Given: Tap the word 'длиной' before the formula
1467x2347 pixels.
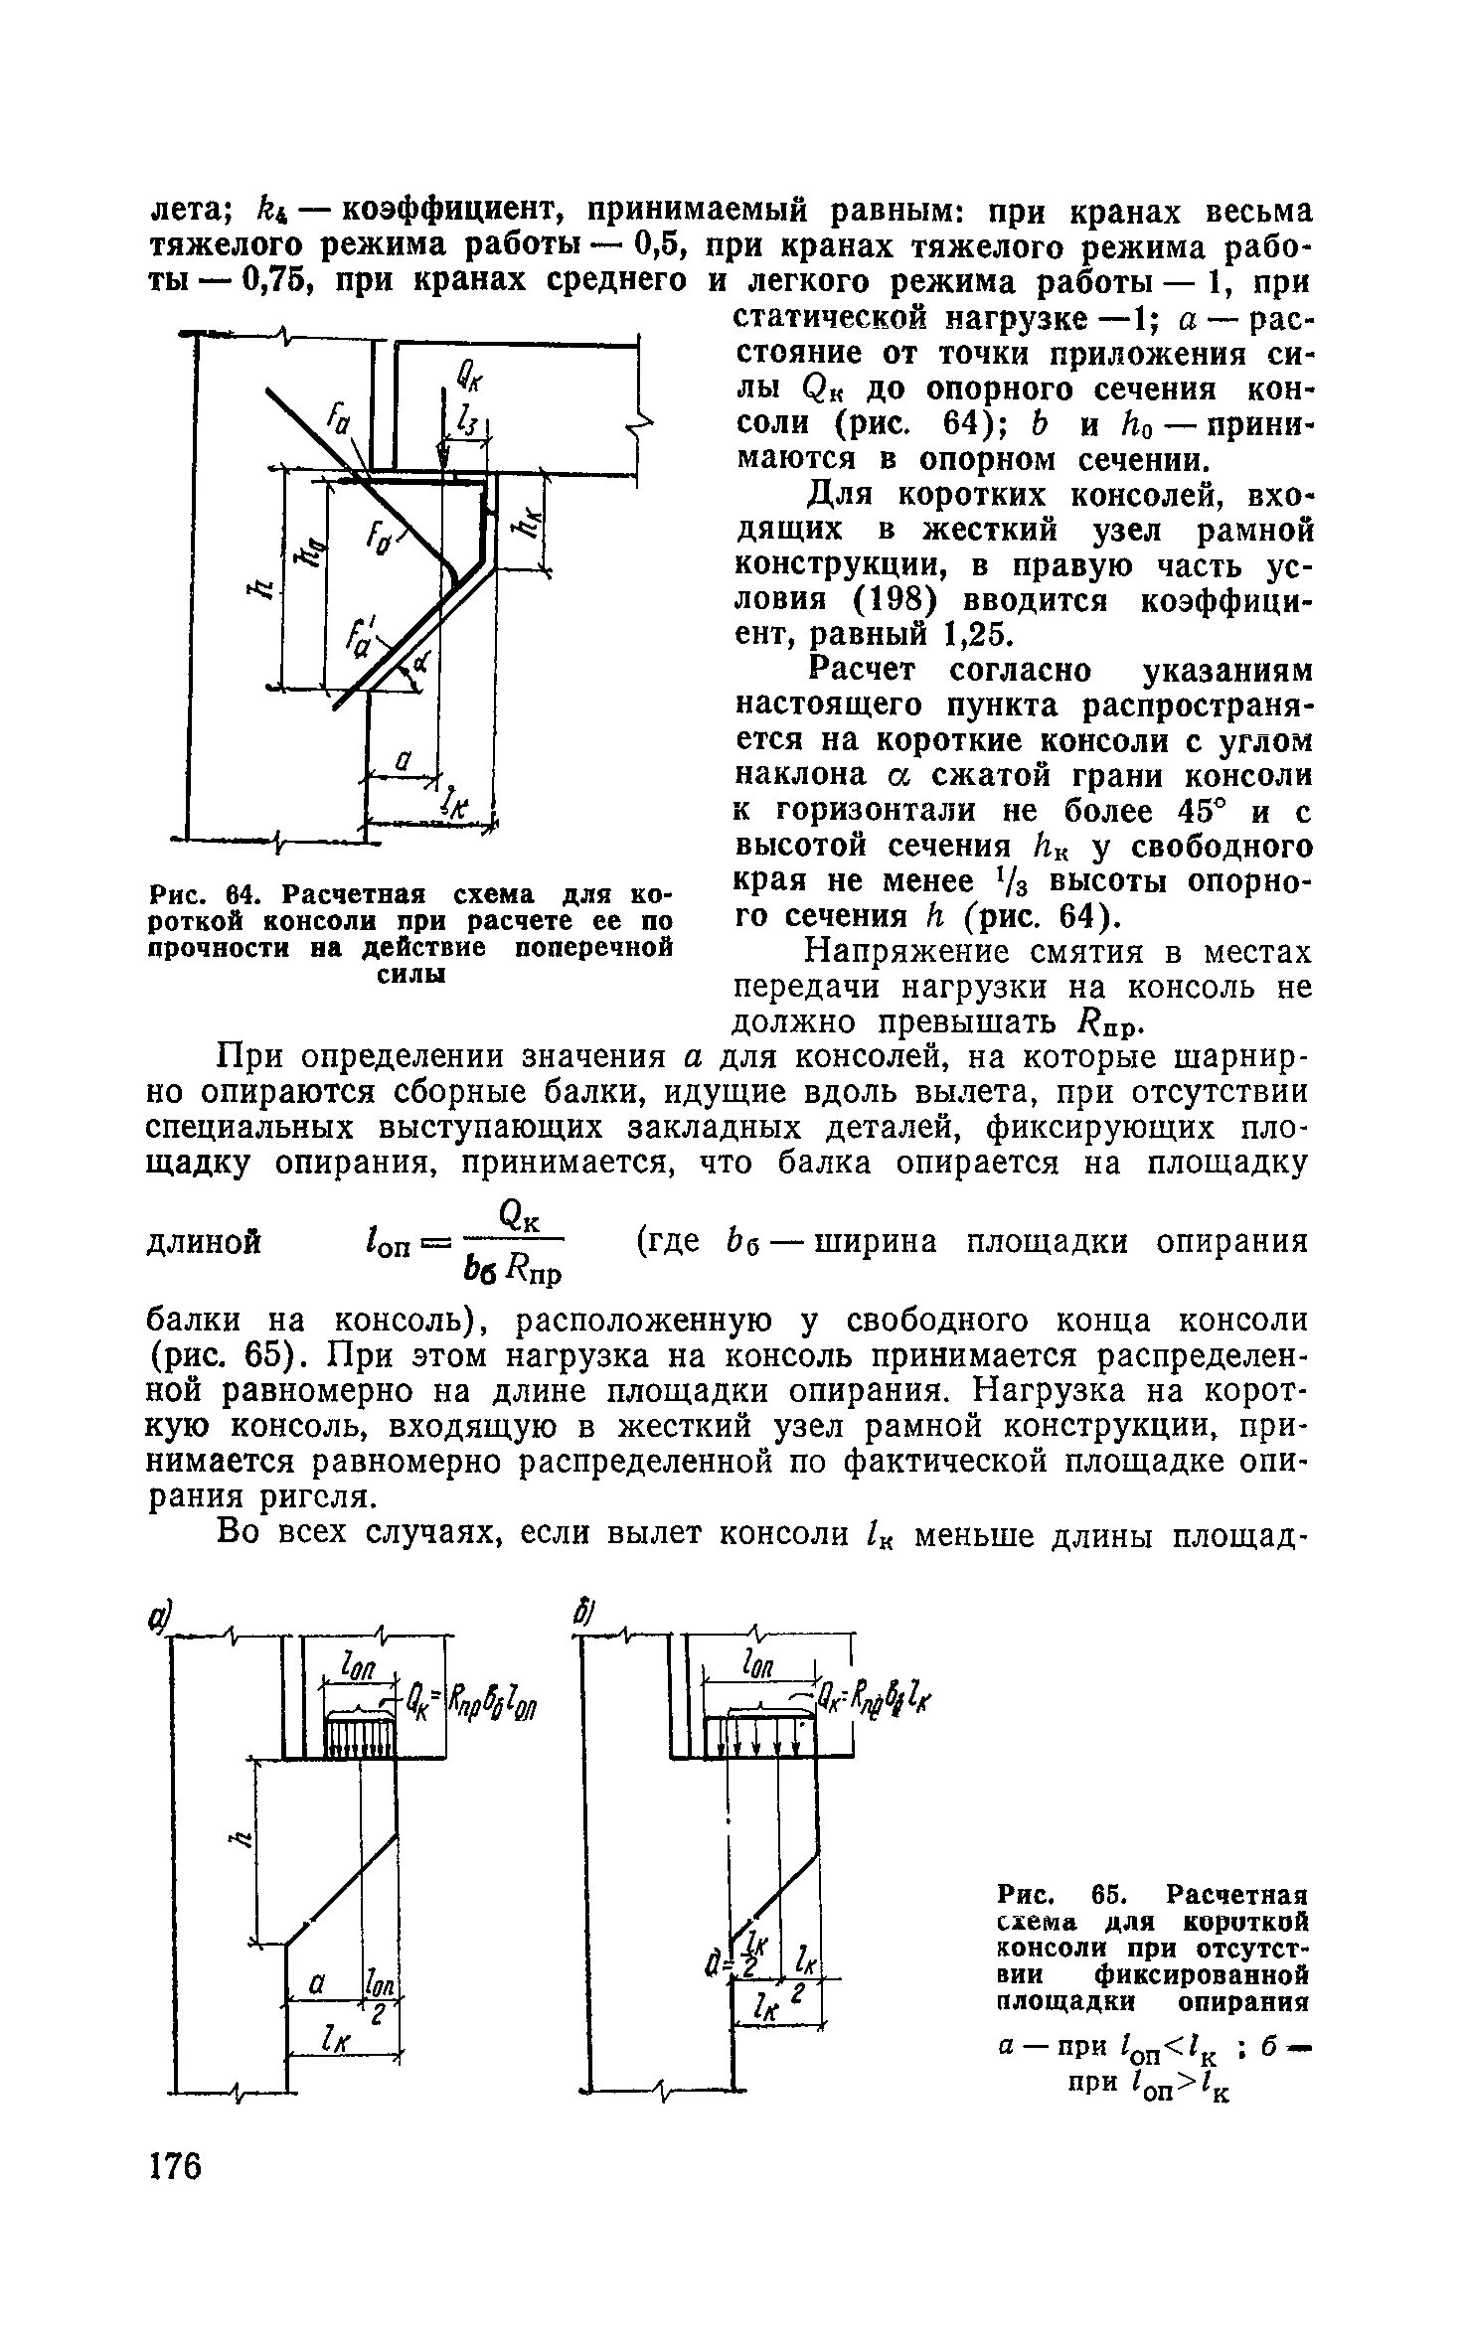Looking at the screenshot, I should (x=204, y=1242).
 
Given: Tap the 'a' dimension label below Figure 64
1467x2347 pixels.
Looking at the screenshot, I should (x=403, y=760).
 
